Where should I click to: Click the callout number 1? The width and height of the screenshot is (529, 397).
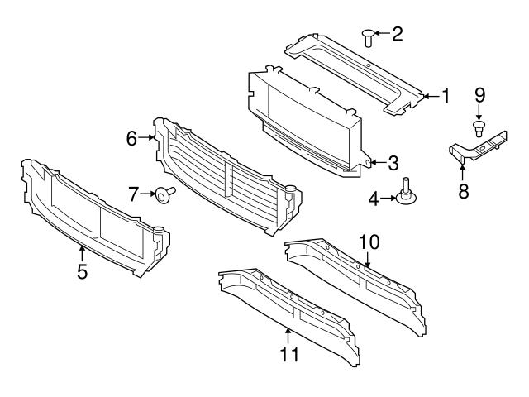446,96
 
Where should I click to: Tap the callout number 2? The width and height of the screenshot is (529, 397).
398,34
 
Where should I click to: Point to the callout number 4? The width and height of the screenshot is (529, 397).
373,198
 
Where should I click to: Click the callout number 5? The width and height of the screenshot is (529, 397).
82,270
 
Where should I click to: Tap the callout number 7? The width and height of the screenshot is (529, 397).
132,194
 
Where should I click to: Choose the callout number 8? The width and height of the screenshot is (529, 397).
463,191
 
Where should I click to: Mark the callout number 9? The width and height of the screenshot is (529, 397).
479,96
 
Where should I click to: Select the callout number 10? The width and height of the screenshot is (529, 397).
369,242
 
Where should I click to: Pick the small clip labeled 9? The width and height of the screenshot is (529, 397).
479,127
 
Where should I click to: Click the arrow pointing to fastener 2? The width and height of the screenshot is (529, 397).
383,34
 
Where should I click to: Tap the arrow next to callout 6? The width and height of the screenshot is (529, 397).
149,138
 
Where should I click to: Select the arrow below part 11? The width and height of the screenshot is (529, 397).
288,335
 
